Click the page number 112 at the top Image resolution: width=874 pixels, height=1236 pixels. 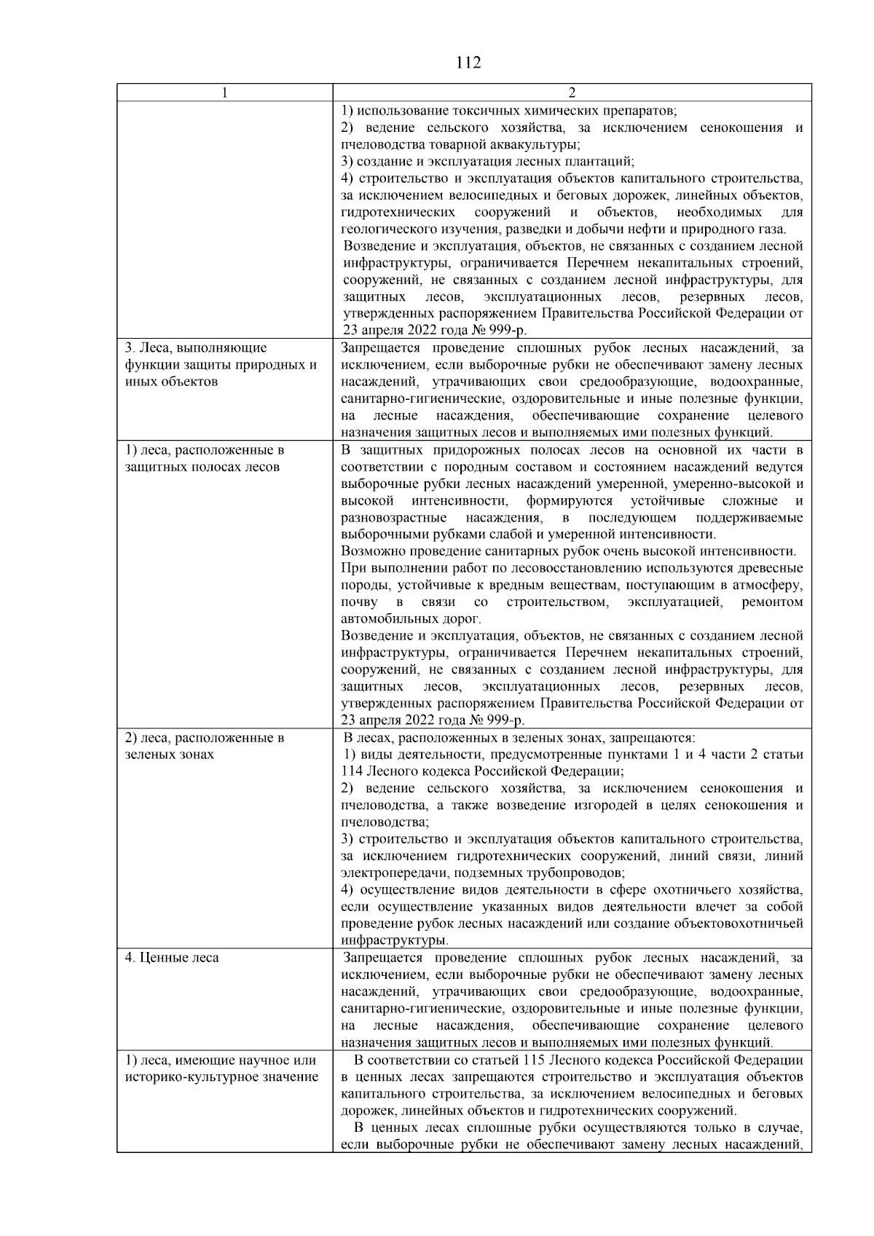[x=468, y=63]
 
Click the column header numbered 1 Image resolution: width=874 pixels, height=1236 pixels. [x=224, y=92]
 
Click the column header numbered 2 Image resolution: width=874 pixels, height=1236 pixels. [x=572, y=92]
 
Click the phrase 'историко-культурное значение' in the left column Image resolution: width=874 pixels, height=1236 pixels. [x=221, y=1076]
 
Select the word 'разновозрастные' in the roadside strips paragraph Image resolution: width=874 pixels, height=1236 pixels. [x=394, y=517]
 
